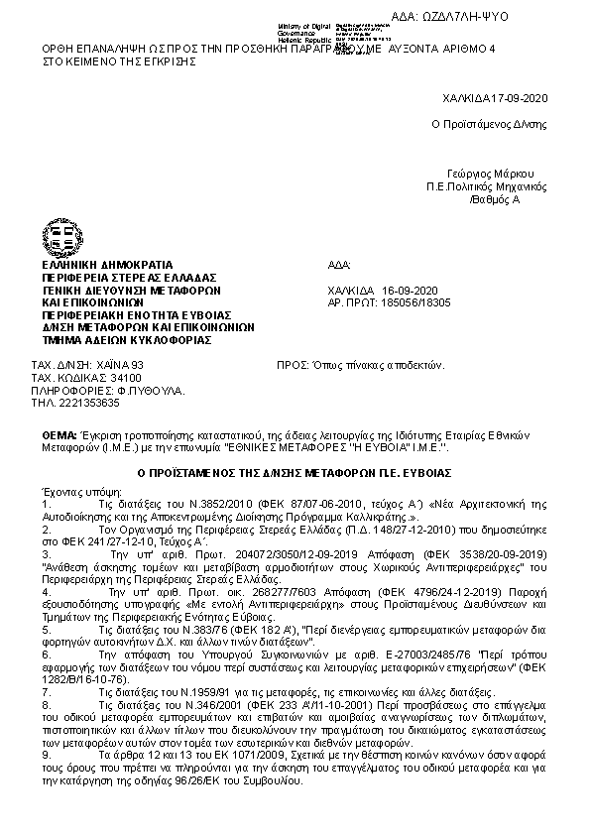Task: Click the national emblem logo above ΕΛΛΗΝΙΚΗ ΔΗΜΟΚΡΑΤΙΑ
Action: pyautogui.click(x=59, y=238)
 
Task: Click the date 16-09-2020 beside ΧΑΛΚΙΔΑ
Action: pyautogui.click(x=410, y=290)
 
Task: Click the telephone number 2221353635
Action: pyautogui.click(x=89, y=403)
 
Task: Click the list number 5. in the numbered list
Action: pyautogui.click(x=46, y=630)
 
